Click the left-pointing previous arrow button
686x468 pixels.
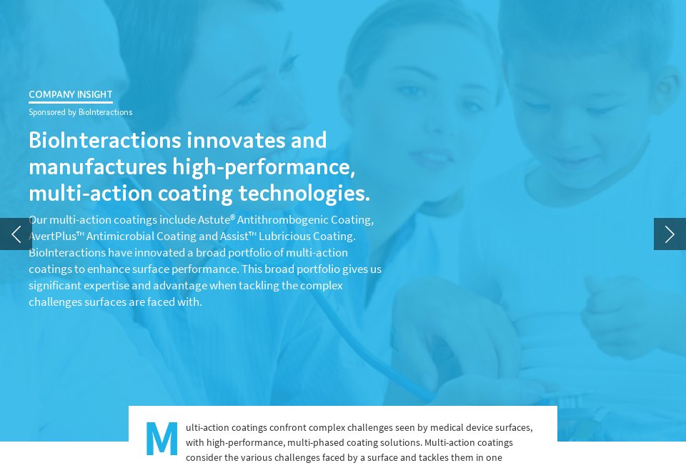(16, 234)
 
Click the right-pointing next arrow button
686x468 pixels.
(670, 234)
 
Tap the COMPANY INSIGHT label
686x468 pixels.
(70, 94)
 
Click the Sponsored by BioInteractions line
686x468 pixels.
(80, 112)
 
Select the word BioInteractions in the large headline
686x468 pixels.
(103, 140)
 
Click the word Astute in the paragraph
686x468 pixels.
(213, 220)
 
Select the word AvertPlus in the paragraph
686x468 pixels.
(52, 237)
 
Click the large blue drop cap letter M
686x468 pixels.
(161, 439)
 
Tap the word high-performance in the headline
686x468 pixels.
(264, 167)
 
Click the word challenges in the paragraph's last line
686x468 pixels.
(55, 302)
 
